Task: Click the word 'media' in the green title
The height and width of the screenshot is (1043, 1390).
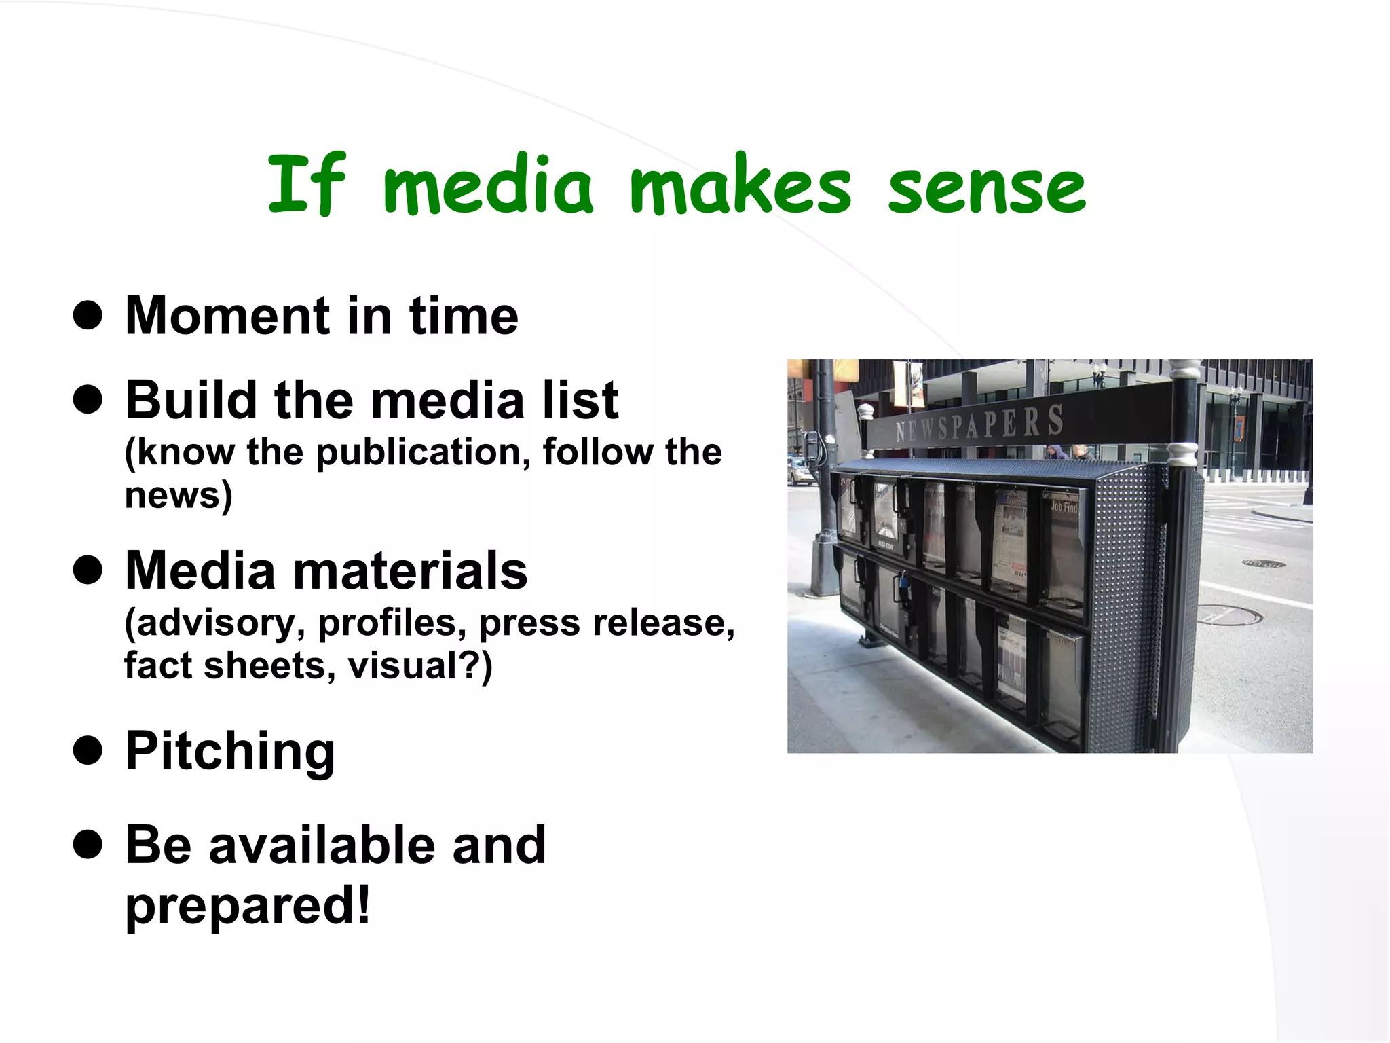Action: (x=488, y=186)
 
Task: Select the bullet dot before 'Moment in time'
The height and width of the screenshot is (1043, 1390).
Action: (x=88, y=316)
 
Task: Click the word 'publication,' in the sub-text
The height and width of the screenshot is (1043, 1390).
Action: (x=424, y=452)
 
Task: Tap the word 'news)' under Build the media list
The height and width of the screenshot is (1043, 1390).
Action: (x=179, y=495)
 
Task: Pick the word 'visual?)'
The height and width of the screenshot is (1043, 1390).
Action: (x=419, y=665)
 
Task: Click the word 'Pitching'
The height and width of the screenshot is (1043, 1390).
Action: (x=230, y=751)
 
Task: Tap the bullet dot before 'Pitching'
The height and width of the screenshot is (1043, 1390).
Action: (x=88, y=751)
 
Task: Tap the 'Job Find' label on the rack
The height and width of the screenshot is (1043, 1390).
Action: (x=1064, y=507)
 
